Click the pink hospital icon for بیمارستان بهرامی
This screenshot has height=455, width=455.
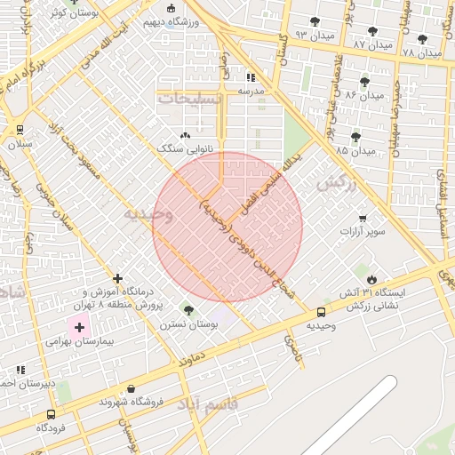79,328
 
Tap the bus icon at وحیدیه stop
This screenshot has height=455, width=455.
321,312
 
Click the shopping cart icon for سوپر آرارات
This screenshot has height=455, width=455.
362,219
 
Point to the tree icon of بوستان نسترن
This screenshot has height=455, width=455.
188,310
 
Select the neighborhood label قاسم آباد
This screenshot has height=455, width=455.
209,404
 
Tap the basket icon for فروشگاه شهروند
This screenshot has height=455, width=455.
132,389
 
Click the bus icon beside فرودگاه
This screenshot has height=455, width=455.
51,414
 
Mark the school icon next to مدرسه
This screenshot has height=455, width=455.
251,77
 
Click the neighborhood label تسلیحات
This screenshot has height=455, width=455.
187,99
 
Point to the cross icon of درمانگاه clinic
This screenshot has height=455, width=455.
117,278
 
